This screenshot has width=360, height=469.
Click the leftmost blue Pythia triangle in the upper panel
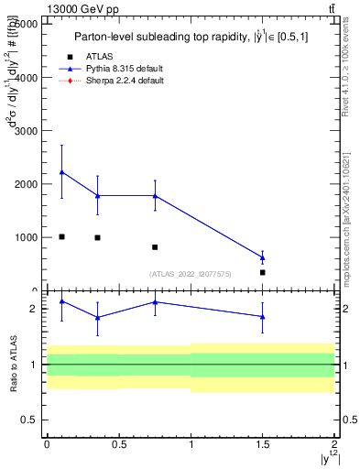(x=61, y=172)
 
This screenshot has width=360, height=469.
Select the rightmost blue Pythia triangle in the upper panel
(x=263, y=257)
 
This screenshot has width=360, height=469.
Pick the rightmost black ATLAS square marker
(x=263, y=272)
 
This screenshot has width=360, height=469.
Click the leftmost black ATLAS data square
(x=61, y=236)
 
